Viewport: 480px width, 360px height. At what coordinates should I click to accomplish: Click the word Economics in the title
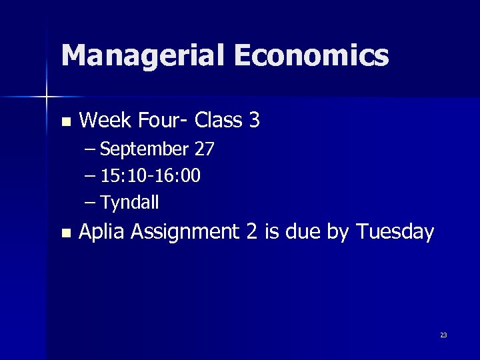coord(311,55)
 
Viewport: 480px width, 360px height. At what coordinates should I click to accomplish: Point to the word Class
coord(219,121)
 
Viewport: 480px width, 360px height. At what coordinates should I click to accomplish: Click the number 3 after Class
coord(253,121)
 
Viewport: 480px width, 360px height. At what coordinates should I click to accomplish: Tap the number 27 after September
coord(204,149)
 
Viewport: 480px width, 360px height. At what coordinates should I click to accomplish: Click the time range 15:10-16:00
coord(151,176)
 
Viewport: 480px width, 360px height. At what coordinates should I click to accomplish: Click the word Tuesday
coord(395,232)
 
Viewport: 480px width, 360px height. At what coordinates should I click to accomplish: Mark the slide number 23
coord(443,335)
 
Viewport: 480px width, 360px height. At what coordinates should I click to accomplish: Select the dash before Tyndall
coord(91,202)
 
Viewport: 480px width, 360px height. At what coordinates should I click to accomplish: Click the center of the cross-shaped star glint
coord(47,97)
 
